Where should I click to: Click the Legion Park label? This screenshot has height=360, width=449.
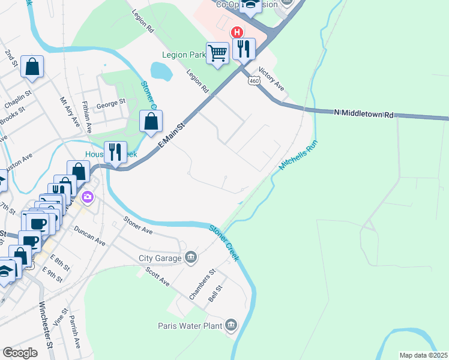coord(184,55)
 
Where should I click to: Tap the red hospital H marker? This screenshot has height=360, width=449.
coord(237,32)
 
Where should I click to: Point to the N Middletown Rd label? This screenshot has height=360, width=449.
coord(364,114)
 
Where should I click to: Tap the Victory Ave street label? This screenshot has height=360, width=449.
coord(271,79)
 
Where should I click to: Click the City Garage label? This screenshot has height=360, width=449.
coord(160,258)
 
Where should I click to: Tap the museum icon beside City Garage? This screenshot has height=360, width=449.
coord(191,257)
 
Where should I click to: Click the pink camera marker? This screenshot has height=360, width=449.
coord(88,196)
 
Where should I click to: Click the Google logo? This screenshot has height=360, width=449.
coord(20,352)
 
